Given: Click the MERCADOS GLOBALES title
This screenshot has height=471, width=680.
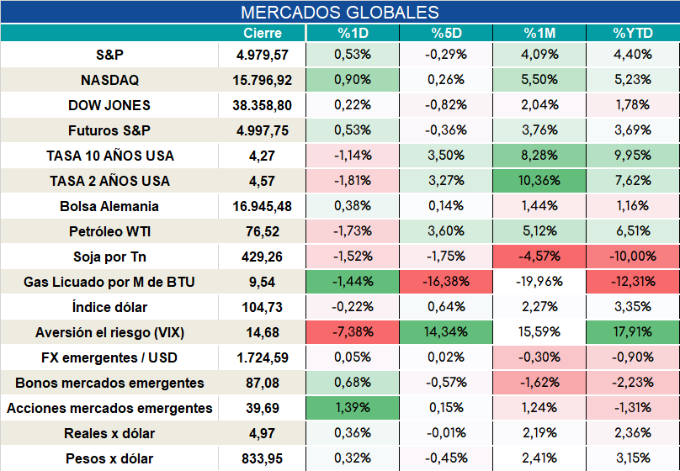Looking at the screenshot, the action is (339, 12).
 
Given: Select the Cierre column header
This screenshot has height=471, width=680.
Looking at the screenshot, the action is (263, 33).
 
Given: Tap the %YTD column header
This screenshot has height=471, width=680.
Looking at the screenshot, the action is (633, 33).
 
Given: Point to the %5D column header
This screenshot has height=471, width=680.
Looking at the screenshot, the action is (446, 33).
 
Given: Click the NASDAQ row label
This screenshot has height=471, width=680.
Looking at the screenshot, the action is (109, 80).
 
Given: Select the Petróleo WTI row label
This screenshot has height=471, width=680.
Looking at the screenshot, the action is (109, 231).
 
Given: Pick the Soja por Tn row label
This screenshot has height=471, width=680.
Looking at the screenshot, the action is (109, 257).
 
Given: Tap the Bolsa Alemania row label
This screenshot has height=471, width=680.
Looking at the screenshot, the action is (109, 206).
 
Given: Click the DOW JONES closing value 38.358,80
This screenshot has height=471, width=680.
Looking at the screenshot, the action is (262, 105).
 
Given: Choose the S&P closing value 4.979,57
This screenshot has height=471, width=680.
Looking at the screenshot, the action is (263, 55).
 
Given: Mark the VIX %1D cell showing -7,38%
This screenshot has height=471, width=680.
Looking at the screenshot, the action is (353, 332).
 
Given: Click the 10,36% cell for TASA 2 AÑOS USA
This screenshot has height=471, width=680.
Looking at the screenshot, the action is (539, 181).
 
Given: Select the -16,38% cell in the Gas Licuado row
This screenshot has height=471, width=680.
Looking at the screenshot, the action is (446, 282).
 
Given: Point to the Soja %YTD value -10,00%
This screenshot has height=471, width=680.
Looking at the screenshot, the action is (633, 257).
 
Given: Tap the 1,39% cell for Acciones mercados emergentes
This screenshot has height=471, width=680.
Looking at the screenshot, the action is (353, 408).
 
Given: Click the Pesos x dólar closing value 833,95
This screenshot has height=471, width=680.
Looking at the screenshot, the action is (262, 458).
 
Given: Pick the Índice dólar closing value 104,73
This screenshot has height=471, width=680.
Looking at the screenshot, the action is (262, 307).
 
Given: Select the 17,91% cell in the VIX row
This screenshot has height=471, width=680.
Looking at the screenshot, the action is (633, 332).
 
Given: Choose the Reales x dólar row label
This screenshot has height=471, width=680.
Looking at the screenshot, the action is (109, 433).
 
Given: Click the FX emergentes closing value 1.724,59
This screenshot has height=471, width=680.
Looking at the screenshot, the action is (263, 358).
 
